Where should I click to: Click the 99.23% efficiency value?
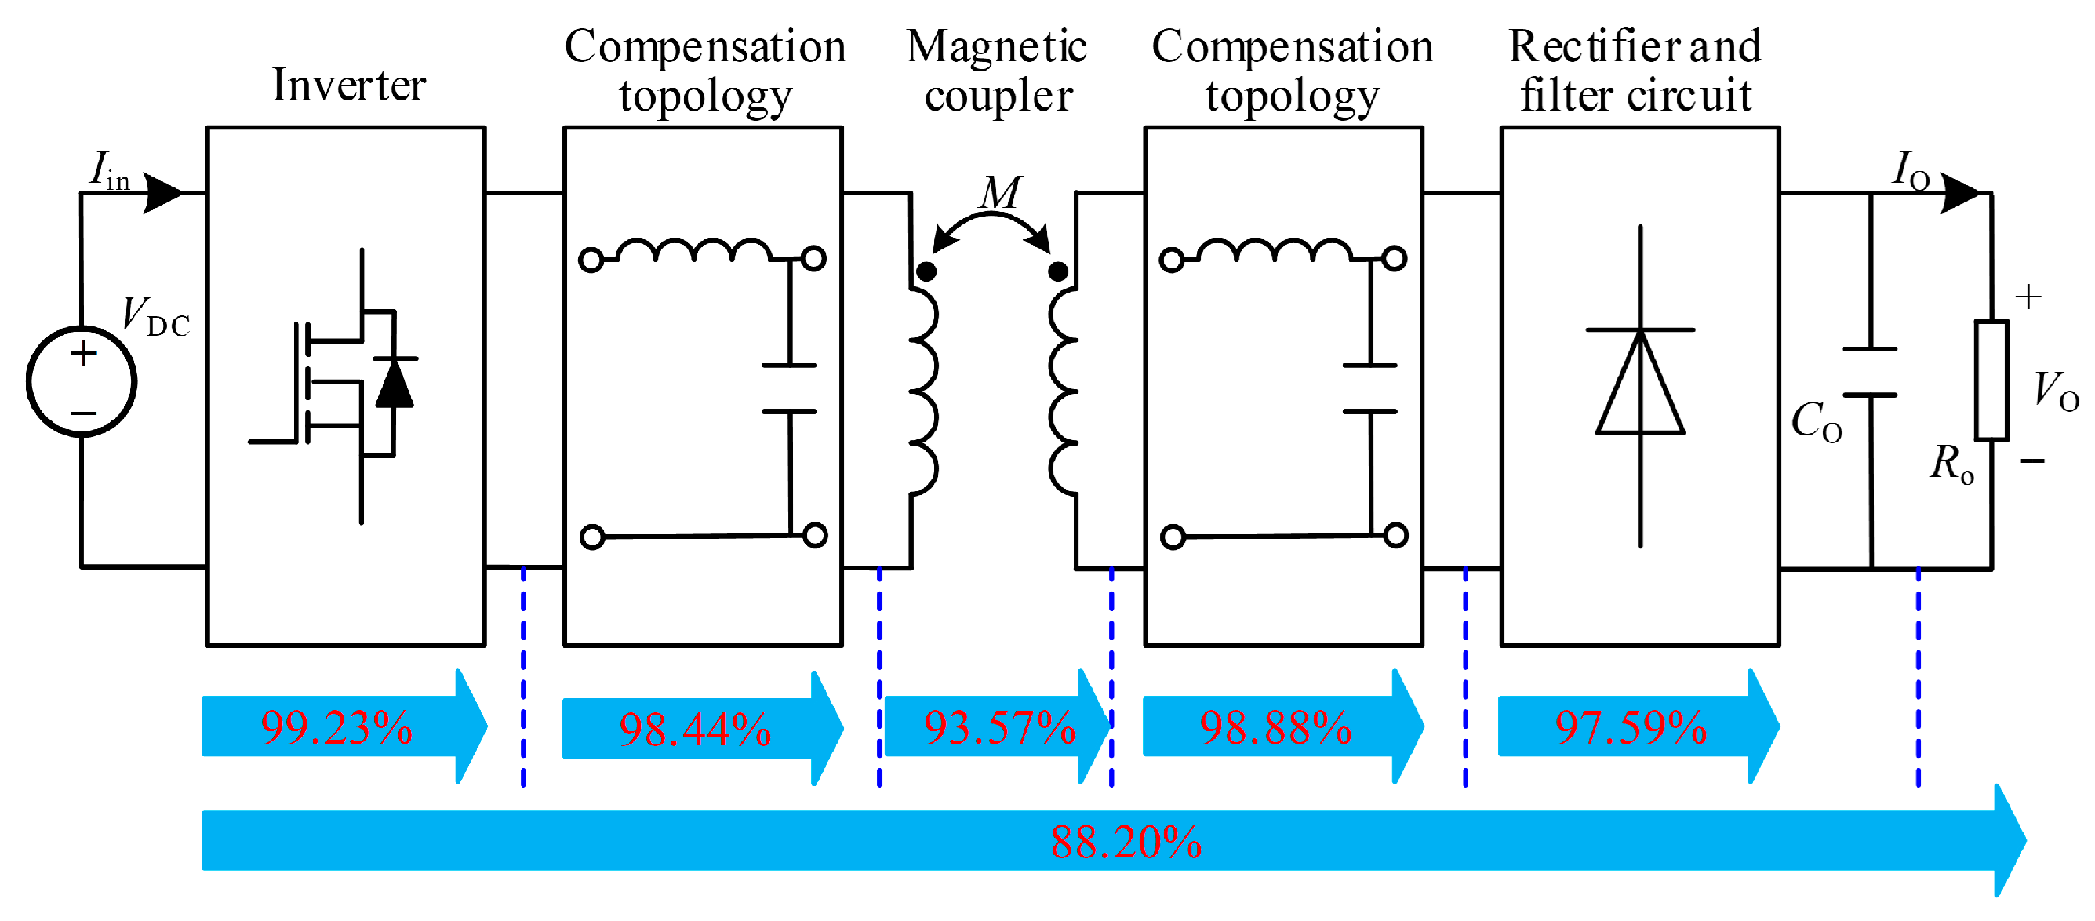coord(336,727)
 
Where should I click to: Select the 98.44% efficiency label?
coord(696,730)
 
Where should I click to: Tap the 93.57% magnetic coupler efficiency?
coord(999,727)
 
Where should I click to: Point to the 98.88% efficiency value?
coord(1276,727)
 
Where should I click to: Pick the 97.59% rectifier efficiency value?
coord(1631,727)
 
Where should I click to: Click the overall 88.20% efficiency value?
coord(1126,843)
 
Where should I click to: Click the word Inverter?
coord(349,86)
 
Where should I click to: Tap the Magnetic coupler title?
coord(998,71)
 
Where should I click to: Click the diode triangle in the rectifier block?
coord(1640,382)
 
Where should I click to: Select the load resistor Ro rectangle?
coord(1991,380)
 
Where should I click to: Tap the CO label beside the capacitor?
coord(1817,421)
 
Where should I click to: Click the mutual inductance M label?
coord(1000,193)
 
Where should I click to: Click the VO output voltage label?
coord(2056,391)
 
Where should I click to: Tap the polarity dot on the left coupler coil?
coord(926,271)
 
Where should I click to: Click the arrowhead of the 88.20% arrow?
coord(2010,841)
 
